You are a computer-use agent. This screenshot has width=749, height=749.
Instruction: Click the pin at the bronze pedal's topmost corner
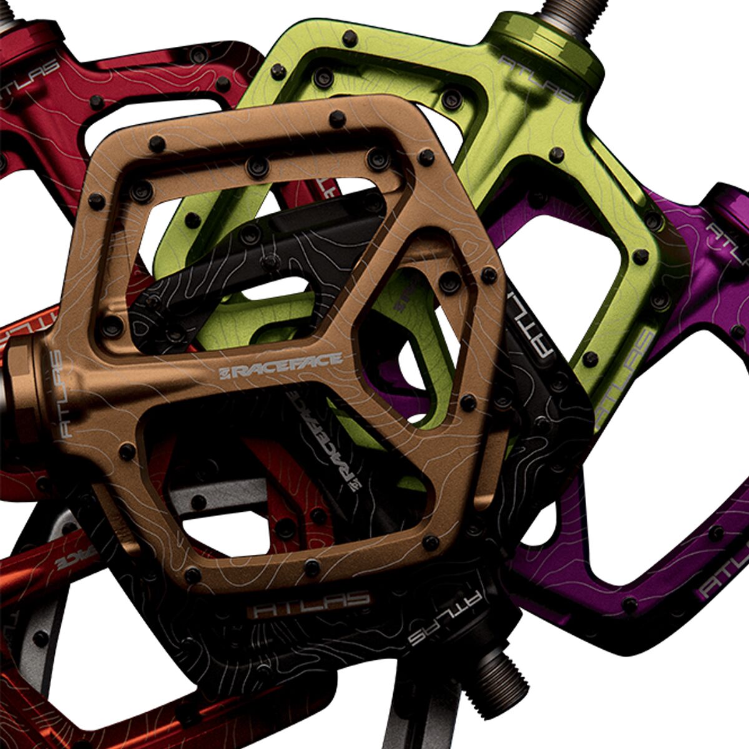pos(337,117)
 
